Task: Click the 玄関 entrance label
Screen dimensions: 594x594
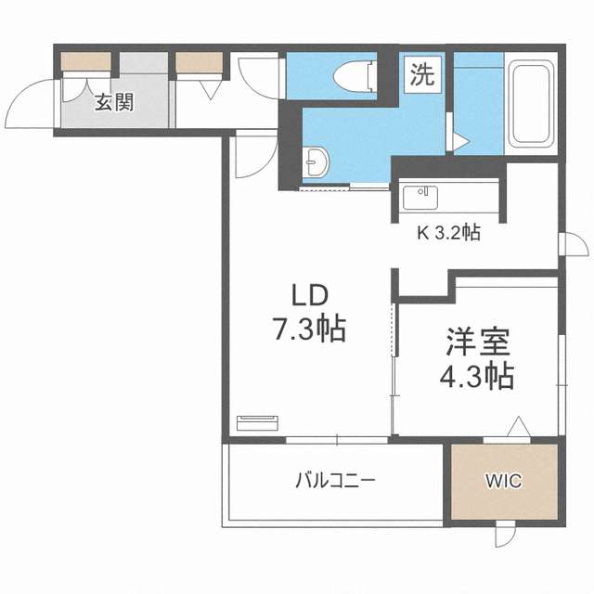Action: [x=114, y=103]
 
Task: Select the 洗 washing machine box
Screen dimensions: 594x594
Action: [x=422, y=74]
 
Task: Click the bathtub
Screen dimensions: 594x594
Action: [x=531, y=103]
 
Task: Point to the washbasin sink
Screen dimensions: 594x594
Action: [x=316, y=162]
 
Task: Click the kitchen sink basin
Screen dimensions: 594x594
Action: [x=420, y=198]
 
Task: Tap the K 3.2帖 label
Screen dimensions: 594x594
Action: [x=448, y=233]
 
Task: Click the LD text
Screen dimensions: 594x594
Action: [x=309, y=295]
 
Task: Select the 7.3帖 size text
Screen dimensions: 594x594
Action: [x=309, y=329]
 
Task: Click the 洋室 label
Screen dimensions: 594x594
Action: [x=477, y=342]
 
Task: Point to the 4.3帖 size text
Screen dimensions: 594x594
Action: [x=477, y=376]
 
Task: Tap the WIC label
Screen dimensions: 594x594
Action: [x=504, y=481]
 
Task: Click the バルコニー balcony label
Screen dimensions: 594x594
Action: [x=336, y=481]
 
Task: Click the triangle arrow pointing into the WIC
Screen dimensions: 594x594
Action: [x=518, y=427]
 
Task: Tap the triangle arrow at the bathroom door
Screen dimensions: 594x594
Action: [x=461, y=141]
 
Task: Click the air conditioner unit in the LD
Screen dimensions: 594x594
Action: [x=257, y=423]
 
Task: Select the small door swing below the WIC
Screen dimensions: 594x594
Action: [x=506, y=535]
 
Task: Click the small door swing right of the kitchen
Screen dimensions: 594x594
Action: [x=575, y=245]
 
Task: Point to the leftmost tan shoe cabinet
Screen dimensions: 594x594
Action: [x=86, y=61]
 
